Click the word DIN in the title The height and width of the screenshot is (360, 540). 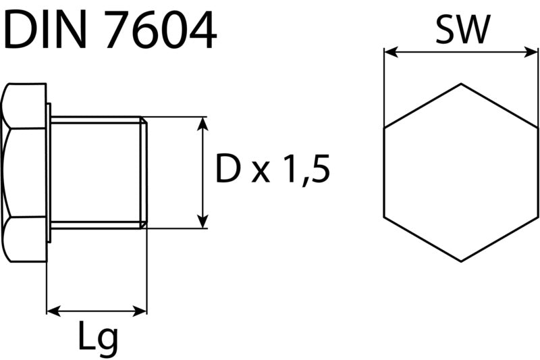(x=45, y=29)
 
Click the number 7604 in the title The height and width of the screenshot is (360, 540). (x=161, y=29)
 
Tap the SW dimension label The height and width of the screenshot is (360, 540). (x=462, y=30)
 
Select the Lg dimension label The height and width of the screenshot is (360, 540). (x=98, y=339)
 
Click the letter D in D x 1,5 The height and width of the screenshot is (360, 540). (x=227, y=168)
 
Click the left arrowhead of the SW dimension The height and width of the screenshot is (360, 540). (x=391, y=53)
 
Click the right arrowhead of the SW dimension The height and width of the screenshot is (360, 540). (x=531, y=53)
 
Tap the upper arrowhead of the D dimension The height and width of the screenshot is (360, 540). (x=203, y=124)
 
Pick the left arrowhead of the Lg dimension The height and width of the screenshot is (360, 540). (x=54, y=311)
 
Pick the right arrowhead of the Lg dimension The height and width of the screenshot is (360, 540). (x=140, y=311)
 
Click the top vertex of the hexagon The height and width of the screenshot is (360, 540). (x=461, y=84)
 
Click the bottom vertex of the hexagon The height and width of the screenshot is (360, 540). (x=461, y=261)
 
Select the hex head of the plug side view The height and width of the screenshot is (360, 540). (x=24, y=173)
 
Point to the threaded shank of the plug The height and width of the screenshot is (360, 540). (x=97, y=173)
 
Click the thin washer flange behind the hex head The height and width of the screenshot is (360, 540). (x=49, y=173)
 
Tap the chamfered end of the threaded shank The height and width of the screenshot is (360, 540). (x=144, y=173)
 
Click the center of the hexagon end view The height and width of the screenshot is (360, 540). (x=461, y=173)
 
